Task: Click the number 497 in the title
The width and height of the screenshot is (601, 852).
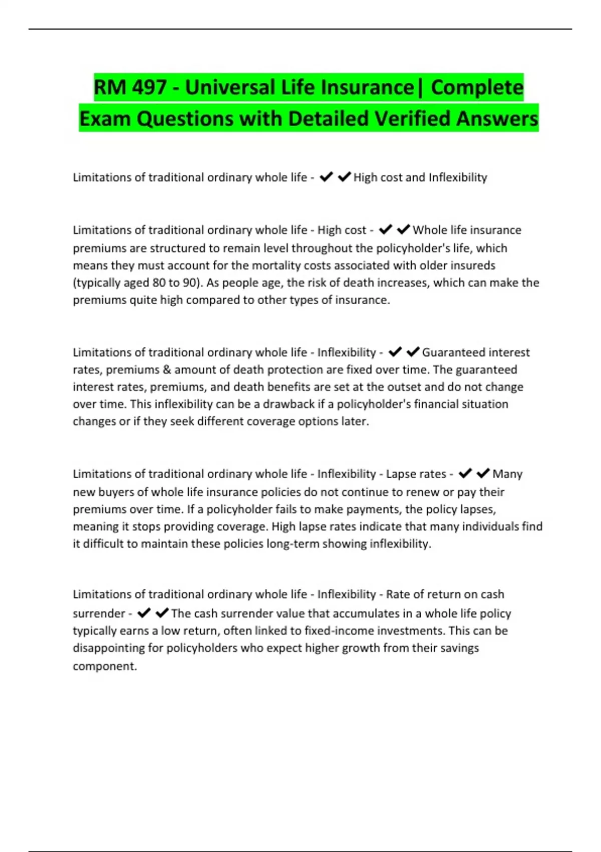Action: click(x=149, y=88)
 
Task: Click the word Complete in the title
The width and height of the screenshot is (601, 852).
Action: click(x=477, y=88)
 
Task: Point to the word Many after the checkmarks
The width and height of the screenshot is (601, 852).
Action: click(x=507, y=474)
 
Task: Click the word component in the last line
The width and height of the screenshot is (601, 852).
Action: click(x=104, y=666)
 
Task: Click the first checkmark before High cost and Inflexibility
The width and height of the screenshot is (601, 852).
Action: click(x=326, y=177)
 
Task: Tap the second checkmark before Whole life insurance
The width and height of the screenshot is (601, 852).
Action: click(x=403, y=230)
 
